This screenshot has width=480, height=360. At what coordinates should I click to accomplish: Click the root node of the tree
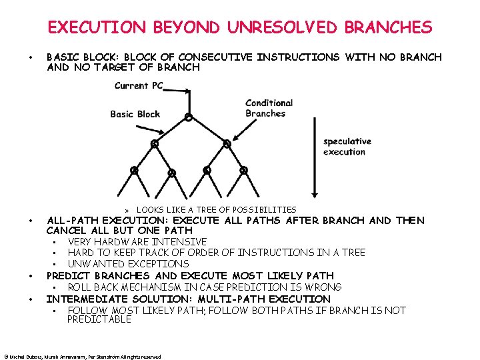(189, 118)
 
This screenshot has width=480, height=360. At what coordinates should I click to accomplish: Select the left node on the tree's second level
(154, 143)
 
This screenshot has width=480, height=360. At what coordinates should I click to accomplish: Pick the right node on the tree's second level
(227, 143)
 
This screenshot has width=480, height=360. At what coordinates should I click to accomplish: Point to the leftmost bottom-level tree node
(134, 171)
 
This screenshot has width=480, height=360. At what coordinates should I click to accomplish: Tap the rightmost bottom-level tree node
(243, 171)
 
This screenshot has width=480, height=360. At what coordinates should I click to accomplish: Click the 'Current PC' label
(139, 85)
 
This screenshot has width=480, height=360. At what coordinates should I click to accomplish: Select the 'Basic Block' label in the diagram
(135, 114)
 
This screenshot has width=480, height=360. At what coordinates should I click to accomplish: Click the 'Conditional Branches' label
(269, 108)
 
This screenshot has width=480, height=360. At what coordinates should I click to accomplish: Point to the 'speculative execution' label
(347, 147)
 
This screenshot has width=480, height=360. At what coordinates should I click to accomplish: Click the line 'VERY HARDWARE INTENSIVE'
(137, 241)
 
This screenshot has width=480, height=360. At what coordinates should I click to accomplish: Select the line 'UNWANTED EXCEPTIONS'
(128, 264)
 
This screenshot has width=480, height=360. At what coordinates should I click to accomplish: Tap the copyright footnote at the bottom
(82, 357)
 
